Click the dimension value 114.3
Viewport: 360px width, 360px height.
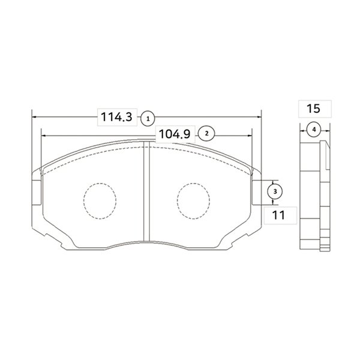(116, 117)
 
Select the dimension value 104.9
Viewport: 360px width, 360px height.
(175, 134)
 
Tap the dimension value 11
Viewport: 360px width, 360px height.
(278, 215)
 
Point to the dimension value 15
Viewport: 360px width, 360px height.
(313, 109)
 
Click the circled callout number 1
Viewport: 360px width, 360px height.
(148, 119)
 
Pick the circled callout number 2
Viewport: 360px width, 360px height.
(206, 133)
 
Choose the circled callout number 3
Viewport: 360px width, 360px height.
(275, 191)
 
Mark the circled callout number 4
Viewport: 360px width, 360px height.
(314, 130)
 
